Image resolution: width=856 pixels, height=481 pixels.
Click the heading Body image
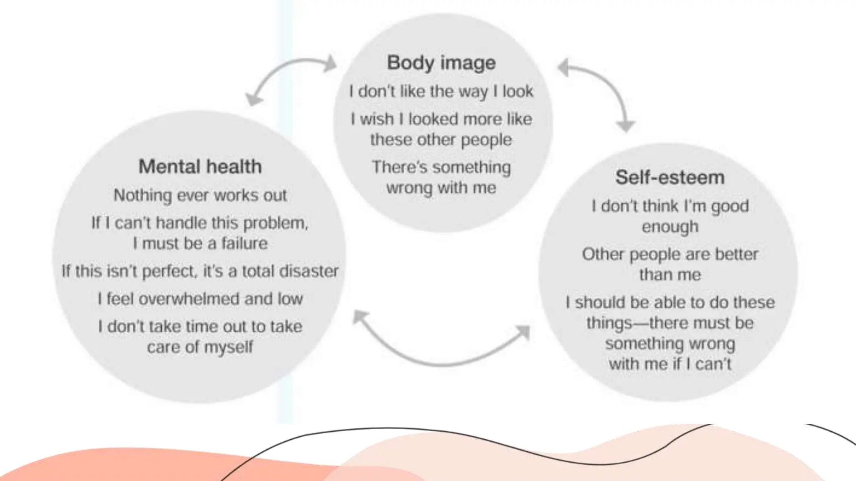pos(441,63)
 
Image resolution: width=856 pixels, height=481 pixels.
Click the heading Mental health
pos(200,167)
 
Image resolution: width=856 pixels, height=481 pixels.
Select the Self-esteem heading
pos(670,177)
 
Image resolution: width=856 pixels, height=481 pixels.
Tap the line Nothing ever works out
pos(200,195)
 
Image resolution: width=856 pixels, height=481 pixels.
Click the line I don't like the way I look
pos(441,91)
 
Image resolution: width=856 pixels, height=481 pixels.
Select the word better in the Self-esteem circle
pos(736,254)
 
